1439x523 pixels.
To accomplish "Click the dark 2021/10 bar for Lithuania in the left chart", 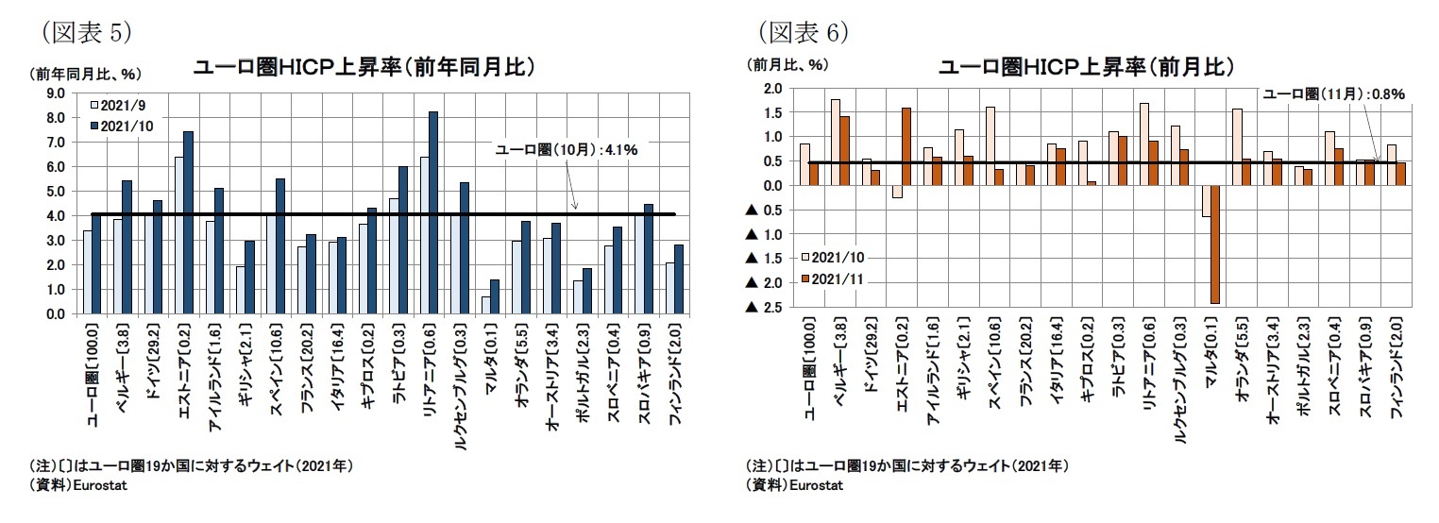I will click(x=433, y=212).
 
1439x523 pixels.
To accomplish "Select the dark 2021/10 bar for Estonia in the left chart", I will click(x=188, y=223).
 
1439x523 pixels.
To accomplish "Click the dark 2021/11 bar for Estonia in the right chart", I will click(x=906, y=146).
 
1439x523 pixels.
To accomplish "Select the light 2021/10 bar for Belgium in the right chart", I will click(x=836, y=142).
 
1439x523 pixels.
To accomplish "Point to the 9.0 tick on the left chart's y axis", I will click(x=54, y=93).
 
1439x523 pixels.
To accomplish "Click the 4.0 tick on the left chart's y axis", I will click(x=54, y=215).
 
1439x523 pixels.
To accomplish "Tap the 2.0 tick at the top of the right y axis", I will click(x=772, y=88).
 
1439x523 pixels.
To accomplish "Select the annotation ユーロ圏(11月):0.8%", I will click(x=1334, y=94).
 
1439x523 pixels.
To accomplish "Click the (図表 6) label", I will click(x=804, y=32).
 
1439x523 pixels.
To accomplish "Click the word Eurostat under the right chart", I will click(x=812, y=485).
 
